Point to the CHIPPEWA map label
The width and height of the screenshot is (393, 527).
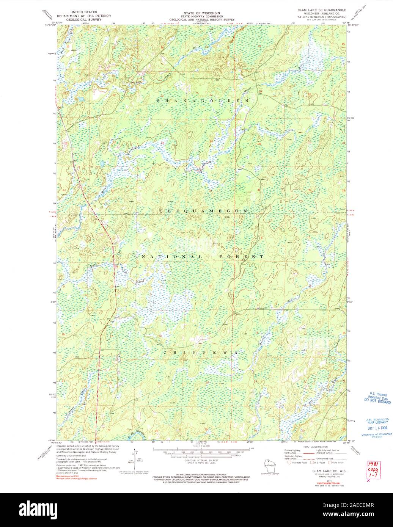pyautogui.click(x=201, y=352)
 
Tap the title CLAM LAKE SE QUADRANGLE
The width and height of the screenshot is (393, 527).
pyautogui.click(x=322, y=13)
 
